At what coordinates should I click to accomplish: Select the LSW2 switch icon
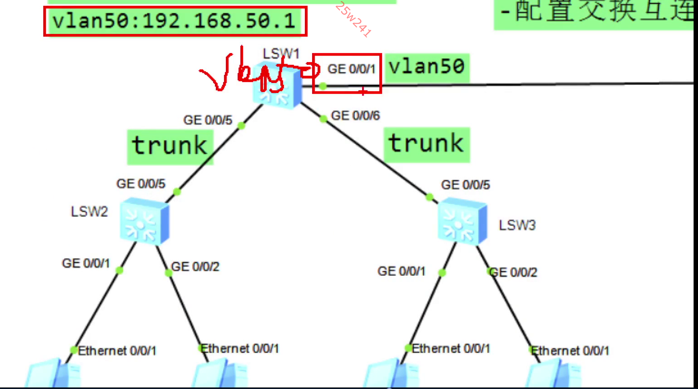click(144, 221)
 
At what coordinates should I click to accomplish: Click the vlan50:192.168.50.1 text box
click(175, 21)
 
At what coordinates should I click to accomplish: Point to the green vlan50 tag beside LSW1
click(427, 67)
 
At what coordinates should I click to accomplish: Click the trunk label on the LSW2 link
click(170, 146)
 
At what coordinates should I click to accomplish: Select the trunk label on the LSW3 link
click(426, 144)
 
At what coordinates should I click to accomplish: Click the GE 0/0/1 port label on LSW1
click(351, 69)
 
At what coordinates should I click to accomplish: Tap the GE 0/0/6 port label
click(356, 116)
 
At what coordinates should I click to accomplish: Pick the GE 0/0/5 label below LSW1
click(208, 120)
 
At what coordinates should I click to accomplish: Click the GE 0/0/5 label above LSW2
click(141, 184)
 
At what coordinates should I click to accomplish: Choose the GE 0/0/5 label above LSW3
click(465, 185)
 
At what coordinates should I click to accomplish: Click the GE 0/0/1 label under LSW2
click(86, 263)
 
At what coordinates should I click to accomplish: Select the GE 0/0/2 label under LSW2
click(195, 267)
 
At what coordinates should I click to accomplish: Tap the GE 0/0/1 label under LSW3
click(402, 271)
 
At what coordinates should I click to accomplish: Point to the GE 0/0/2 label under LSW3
click(514, 273)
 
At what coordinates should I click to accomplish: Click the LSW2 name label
click(89, 212)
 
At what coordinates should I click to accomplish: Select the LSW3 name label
click(517, 225)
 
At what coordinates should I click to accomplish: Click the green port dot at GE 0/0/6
click(323, 119)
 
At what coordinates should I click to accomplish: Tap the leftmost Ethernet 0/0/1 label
click(117, 351)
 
